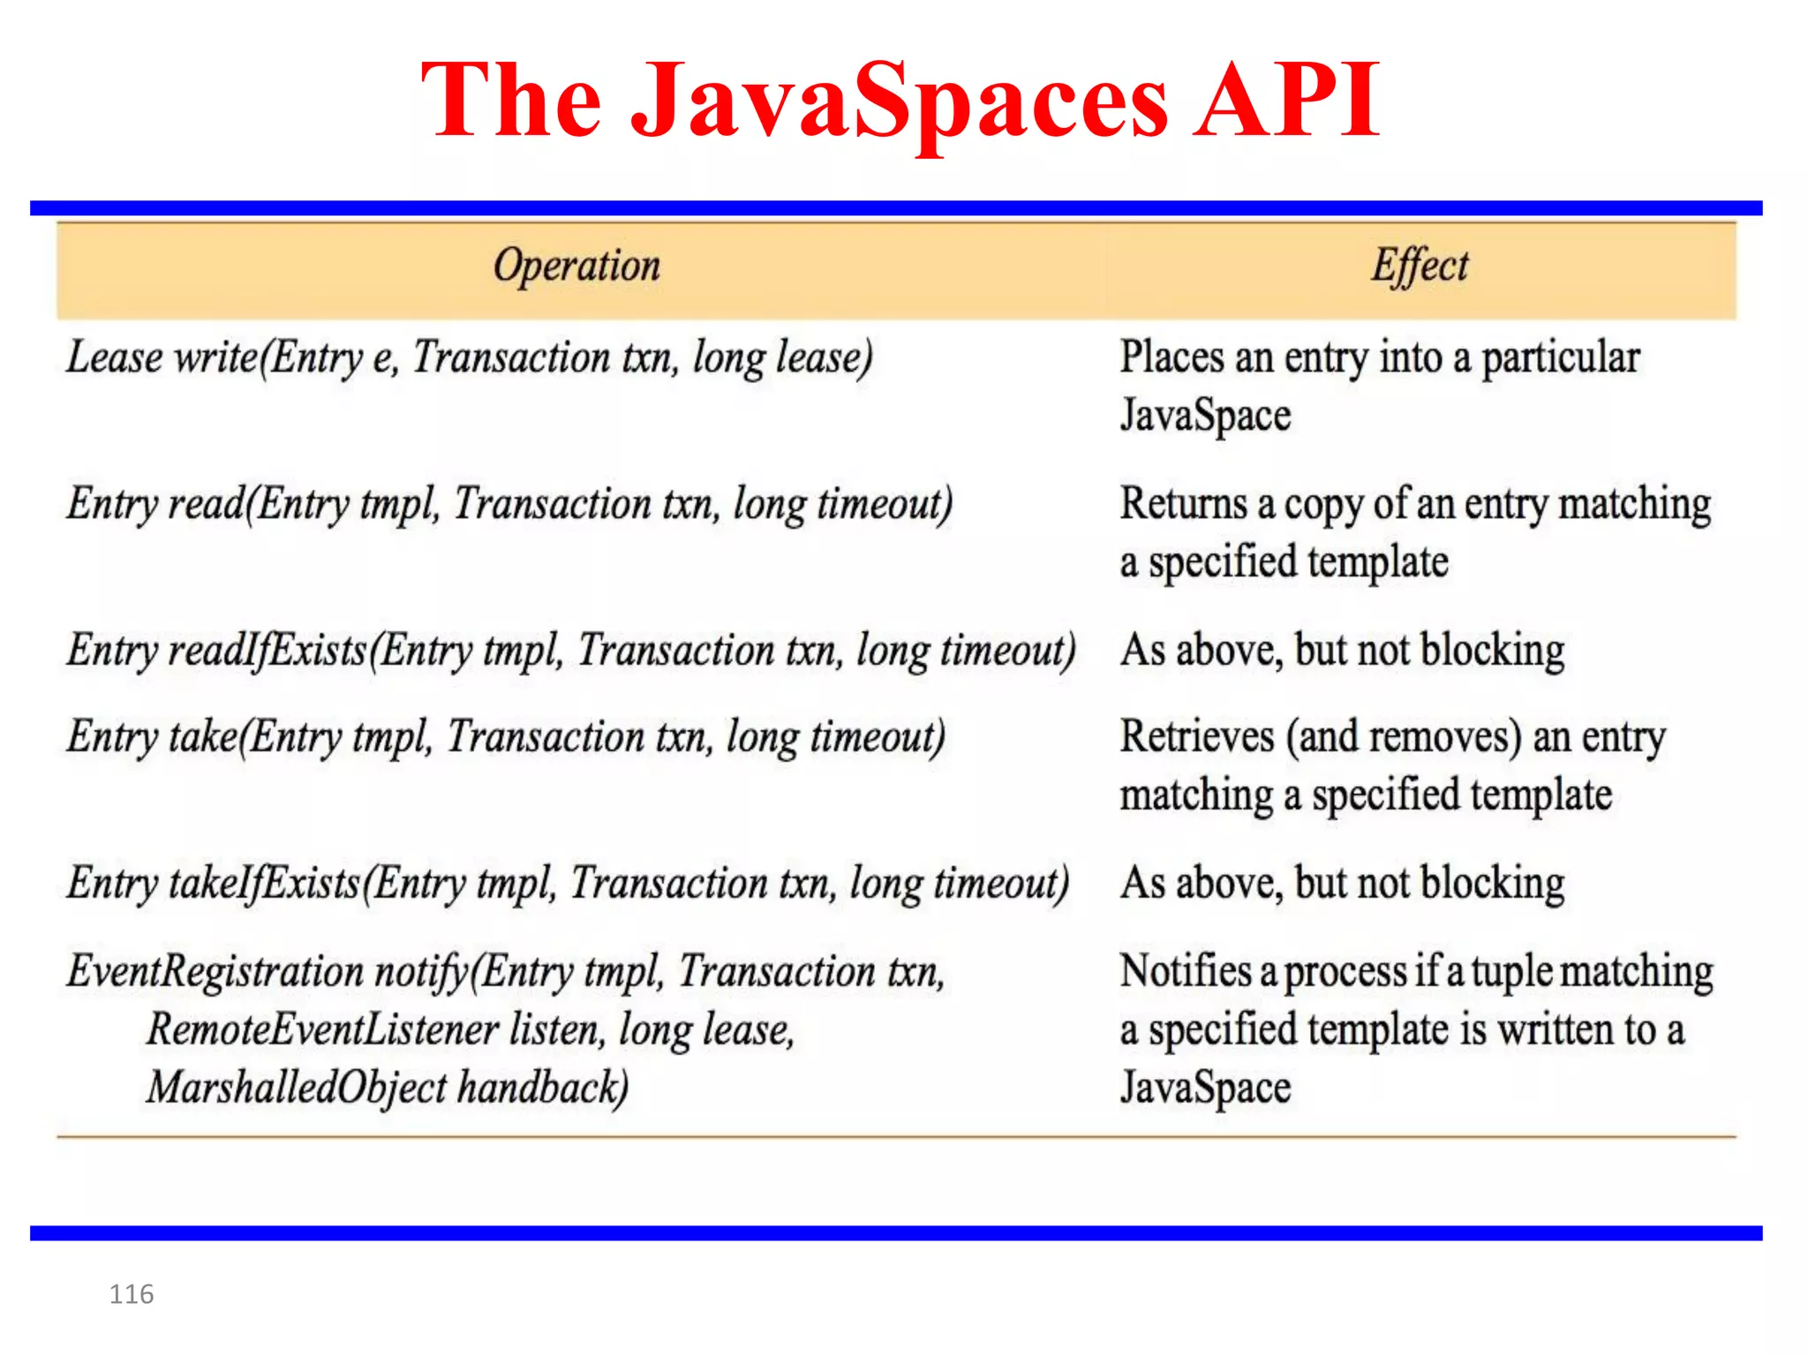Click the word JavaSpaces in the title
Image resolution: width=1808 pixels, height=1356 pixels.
(900, 102)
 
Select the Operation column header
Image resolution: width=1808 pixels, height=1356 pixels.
(576, 266)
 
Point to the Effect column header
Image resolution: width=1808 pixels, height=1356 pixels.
(1420, 266)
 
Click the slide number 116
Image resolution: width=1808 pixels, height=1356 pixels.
(132, 1294)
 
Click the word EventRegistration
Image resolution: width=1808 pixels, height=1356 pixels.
(215, 972)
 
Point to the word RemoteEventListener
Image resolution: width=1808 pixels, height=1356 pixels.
(323, 1030)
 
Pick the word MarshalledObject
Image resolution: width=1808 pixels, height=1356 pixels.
(298, 1089)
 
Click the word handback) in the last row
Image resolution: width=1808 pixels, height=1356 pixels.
(543, 1089)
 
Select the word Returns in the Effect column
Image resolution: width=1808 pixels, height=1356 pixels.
(1183, 504)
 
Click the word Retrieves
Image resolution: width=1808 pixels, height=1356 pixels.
(1197, 737)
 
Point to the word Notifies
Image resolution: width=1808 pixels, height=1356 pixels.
(1186, 971)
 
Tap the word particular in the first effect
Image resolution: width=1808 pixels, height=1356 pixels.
(1560, 358)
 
